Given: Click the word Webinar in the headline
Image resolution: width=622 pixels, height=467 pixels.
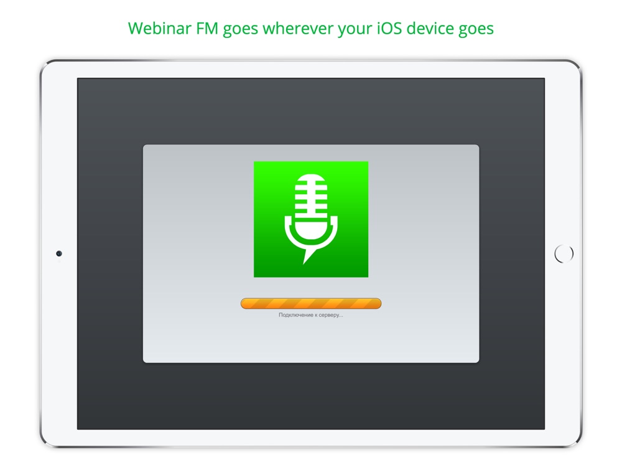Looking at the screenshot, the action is (159, 28).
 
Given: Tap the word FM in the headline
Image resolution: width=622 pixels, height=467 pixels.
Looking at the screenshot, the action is (207, 28).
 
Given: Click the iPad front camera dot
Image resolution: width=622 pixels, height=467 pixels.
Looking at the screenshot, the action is (59, 253).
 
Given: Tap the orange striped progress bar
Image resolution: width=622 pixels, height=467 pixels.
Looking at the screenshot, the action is (311, 303).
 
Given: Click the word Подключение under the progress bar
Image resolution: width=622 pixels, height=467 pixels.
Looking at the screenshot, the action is (296, 315).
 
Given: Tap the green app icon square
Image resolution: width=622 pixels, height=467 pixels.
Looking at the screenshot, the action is (311, 219).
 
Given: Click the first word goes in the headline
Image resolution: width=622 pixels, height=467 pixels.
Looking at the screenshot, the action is (240, 30).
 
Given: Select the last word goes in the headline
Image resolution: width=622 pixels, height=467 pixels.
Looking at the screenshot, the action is (476, 30).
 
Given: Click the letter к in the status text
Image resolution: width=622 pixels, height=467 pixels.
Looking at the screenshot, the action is (316, 315).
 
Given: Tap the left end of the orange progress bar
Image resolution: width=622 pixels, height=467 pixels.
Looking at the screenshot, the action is (241, 303).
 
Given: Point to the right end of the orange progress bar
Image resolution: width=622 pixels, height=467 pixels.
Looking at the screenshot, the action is (381, 303).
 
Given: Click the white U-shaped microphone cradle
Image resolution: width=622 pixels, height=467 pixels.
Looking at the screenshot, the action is (311, 235).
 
